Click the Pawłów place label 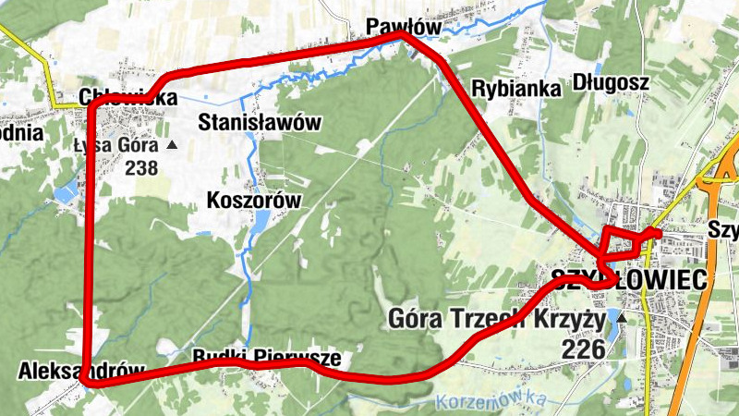pyautogui.click(x=404, y=26)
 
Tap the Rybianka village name pyautogui.click(x=515, y=89)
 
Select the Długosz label pyautogui.click(x=611, y=83)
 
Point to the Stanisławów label pyautogui.click(x=260, y=122)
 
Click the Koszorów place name pyautogui.click(x=255, y=201)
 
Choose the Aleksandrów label pyautogui.click(x=81, y=371)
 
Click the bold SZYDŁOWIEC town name pyautogui.click(x=628, y=280)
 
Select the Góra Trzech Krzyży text pyautogui.click(x=496, y=321)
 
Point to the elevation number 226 pyautogui.click(x=583, y=349)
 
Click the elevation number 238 pyautogui.click(x=141, y=167)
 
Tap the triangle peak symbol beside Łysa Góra pyautogui.click(x=171, y=145)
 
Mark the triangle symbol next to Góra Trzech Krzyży pyautogui.click(x=621, y=319)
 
